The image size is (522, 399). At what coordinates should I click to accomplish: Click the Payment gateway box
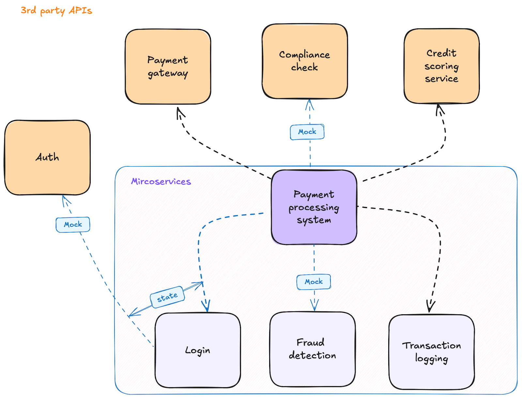click(168, 66)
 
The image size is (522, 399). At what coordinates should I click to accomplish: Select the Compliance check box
click(305, 61)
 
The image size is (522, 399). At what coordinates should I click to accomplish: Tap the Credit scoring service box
click(442, 66)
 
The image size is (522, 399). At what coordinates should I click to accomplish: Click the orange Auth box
click(47, 157)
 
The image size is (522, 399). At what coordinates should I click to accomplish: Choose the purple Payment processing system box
click(314, 207)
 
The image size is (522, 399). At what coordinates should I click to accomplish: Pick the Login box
click(198, 350)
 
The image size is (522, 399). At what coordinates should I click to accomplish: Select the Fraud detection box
click(313, 349)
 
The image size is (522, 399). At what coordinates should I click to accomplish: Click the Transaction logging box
click(432, 352)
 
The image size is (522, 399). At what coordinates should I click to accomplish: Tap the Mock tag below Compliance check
click(307, 132)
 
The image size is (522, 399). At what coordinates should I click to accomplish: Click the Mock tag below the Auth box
click(73, 225)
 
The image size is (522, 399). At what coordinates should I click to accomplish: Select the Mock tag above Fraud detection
click(314, 282)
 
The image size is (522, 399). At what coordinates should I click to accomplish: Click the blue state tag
click(167, 297)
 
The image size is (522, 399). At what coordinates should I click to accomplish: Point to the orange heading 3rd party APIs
click(56, 11)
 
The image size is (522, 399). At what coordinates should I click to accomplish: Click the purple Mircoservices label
click(161, 182)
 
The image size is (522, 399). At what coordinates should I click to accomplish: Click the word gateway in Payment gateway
click(168, 74)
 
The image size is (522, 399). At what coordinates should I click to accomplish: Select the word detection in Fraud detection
click(313, 356)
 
